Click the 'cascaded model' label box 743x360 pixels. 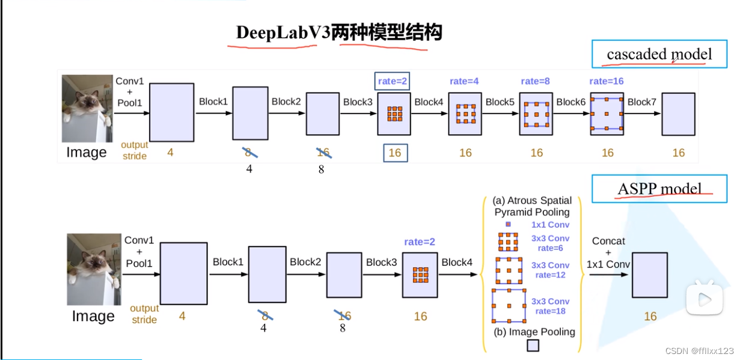click(659, 54)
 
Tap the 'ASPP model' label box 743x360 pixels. click(659, 189)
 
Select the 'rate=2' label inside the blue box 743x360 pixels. click(393, 81)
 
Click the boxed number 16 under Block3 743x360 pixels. click(395, 153)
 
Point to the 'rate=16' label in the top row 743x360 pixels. click(607, 81)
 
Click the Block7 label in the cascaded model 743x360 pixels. click(642, 102)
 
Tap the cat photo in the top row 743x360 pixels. click(87, 108)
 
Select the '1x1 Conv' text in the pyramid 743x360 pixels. click(550, 225)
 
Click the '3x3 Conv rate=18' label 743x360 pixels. click(550, 306)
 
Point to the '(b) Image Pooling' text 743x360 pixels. click(534, 332)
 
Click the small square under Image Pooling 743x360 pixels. click(533, 346)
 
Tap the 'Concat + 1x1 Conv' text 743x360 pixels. click(608, 252)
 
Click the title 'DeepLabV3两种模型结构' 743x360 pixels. click(339, 32)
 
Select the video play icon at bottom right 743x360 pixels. click(704, 299)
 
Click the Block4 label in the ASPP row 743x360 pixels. click(457, 262)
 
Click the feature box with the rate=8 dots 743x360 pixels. click(536, 114)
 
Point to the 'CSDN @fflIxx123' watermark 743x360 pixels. click(704, 350)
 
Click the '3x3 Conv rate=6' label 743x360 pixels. click(550, 243)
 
